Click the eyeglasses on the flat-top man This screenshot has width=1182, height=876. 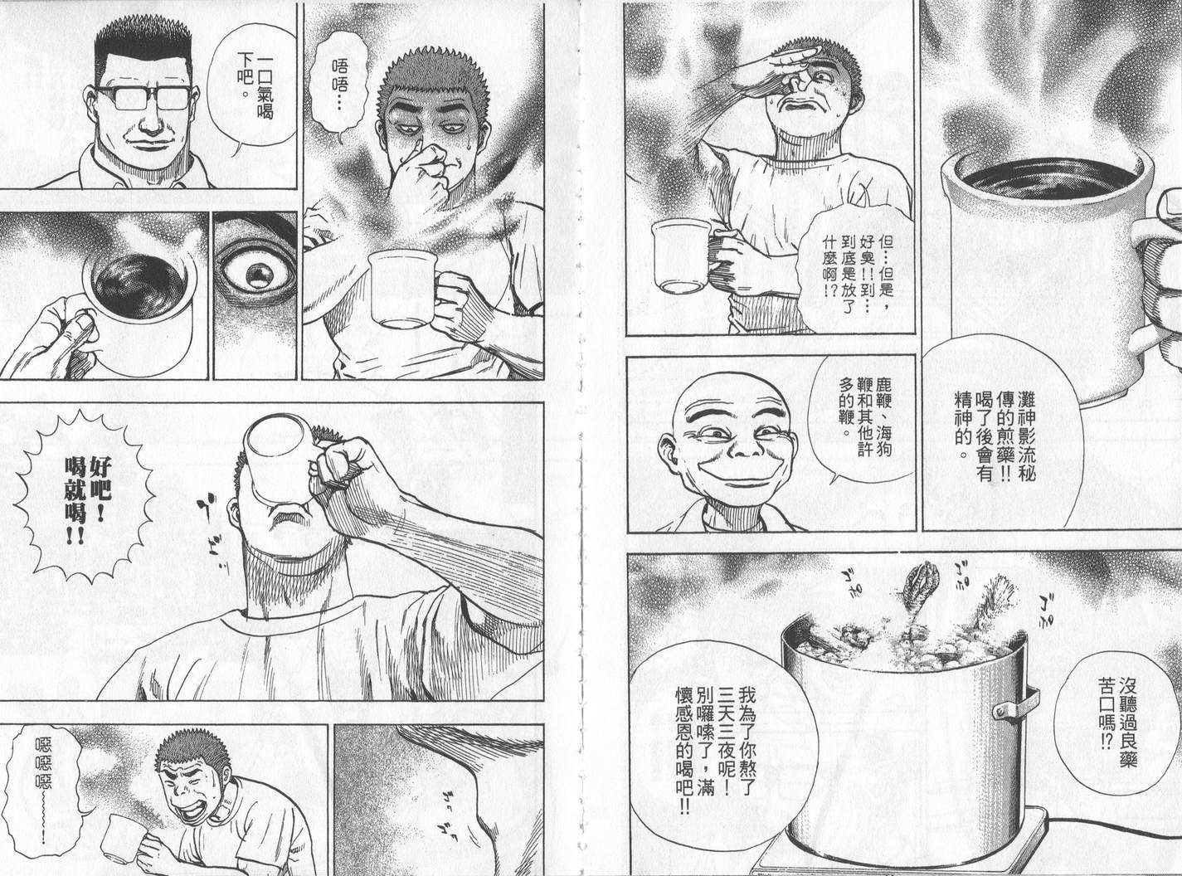pyautogui.click(x=143, y=98)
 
